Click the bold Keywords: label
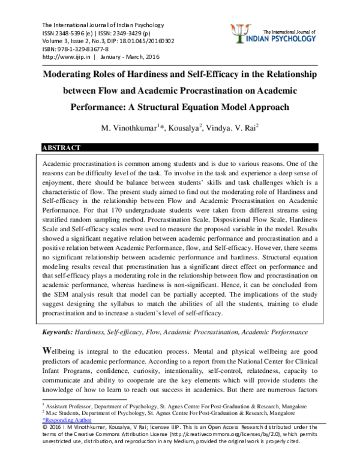pos(56,331)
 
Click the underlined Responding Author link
pos(66,421)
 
